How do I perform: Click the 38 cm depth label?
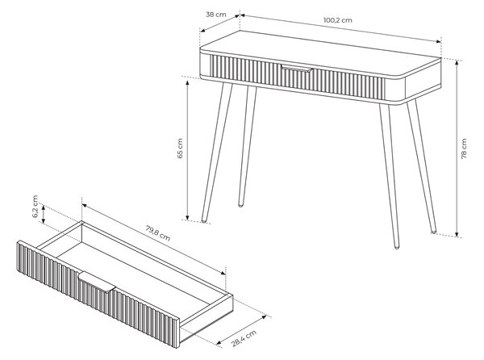(215, 15)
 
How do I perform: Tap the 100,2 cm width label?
(338, 20)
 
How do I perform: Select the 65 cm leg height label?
(180, 149)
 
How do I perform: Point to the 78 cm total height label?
(464, 149)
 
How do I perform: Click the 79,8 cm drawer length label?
(158, 233)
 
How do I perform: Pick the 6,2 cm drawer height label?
(35, 207)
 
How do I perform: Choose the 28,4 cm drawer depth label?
(244, 339)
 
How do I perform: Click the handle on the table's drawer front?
(297, 69)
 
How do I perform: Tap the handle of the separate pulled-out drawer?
(97, 282)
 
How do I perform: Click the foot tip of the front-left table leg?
(204, 220)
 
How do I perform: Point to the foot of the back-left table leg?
(240, 205)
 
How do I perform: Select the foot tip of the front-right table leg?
(397, 247)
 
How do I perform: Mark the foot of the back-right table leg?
(434, 231)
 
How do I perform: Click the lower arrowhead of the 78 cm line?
(457, 235)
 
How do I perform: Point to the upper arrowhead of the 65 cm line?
(187, 82)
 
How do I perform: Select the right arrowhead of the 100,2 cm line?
(438, 41)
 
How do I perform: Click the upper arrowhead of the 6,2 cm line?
(44, 207)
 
